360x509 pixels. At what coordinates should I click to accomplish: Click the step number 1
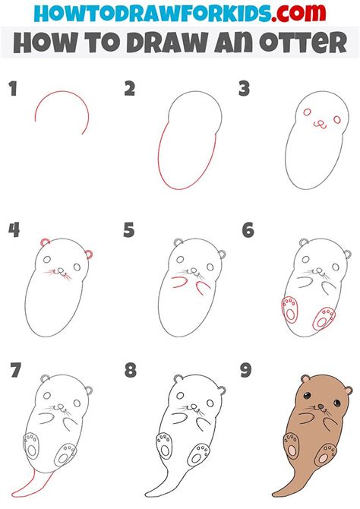coord(12,90)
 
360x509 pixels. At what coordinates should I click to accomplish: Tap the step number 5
coord(129,229)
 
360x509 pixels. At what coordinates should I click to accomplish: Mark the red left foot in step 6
coord(289,311)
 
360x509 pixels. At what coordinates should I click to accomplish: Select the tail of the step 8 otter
coord(159,479)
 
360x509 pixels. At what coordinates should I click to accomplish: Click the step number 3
coord(245,90)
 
